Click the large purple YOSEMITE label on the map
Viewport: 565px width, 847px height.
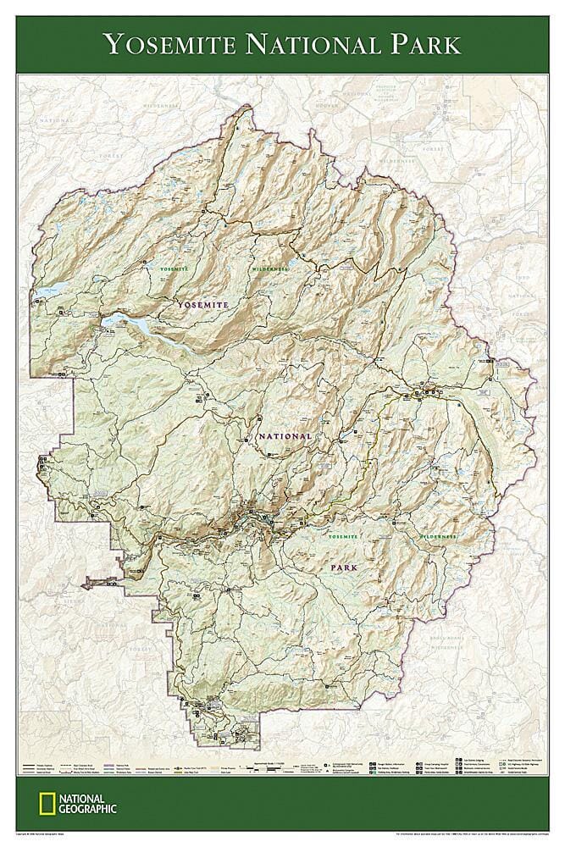pyautogui.click(x=202, y=303)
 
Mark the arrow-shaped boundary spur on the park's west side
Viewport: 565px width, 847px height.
pyautogui.click(x=93, y=582)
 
